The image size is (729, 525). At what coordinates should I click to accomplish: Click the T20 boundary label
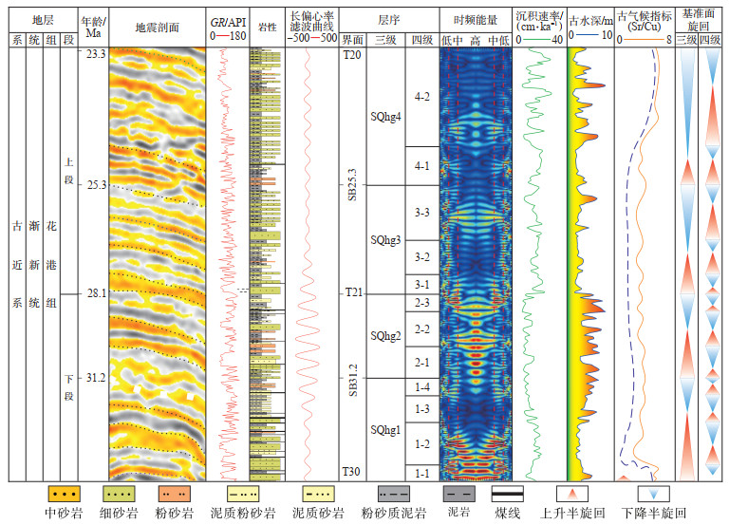pyautogui.click(x=351, y=55)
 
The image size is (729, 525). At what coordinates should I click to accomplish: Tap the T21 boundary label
pyautogui.click(x=351, y=293)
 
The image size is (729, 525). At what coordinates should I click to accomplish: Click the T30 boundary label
pyautogui.click(x=351, y=472)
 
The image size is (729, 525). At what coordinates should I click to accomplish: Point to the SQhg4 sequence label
pyautogui.click(x=385, y=117)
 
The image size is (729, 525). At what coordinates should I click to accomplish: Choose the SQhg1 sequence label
pyautogui.click(x=385, y=430)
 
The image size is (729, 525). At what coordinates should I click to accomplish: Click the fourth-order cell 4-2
pyautogui.click(x=422, y=97)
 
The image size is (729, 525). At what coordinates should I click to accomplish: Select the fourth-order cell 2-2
pyautogui.click(x=422, y=329)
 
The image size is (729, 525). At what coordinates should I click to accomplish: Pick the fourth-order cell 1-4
pyautogui.click(x=422, y=387)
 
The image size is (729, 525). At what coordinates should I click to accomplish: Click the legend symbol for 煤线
pyautogui.click(x=511, y=495)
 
